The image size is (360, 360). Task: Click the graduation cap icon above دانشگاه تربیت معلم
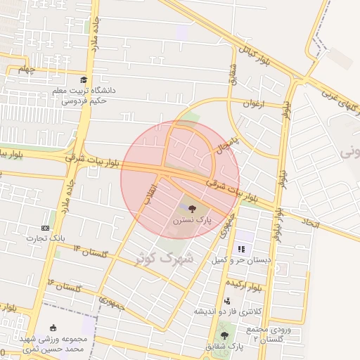pyautogui.click(x=84, y=80)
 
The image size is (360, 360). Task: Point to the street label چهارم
pyautogui.click(x=27, y=69)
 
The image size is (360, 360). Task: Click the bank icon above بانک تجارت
pyautogui.click(x=46, y=228)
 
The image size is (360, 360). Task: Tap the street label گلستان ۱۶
pyautogui.click(x=65, y=285)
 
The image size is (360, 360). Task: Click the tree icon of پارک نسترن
pyautogui.click(x=193, y=209)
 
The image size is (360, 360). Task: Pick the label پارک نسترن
pyautogui.click(x=191, y=221)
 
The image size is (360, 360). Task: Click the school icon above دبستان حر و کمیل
pyautogui.click(x=241, y=249)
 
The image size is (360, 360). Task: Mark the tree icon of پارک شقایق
pyautogui.click(x=224, y=335)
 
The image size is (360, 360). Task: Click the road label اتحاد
pyautogui.click(x=311, y=223)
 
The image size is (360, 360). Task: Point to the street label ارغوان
pyautogui.click(x=251, y=104)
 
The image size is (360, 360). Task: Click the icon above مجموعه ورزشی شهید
pyautogui.click(x=54, y=328)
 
